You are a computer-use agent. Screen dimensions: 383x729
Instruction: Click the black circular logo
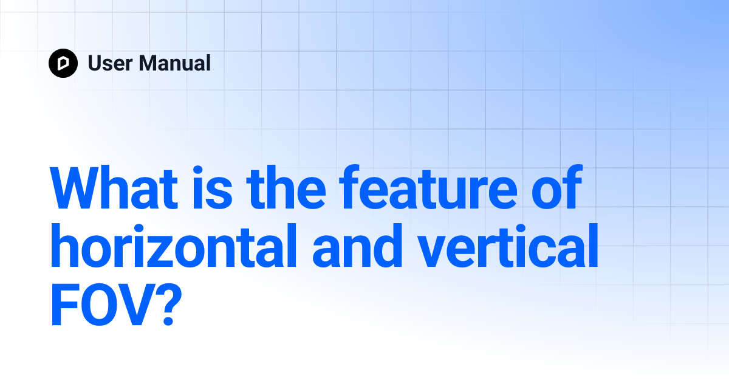63,63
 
